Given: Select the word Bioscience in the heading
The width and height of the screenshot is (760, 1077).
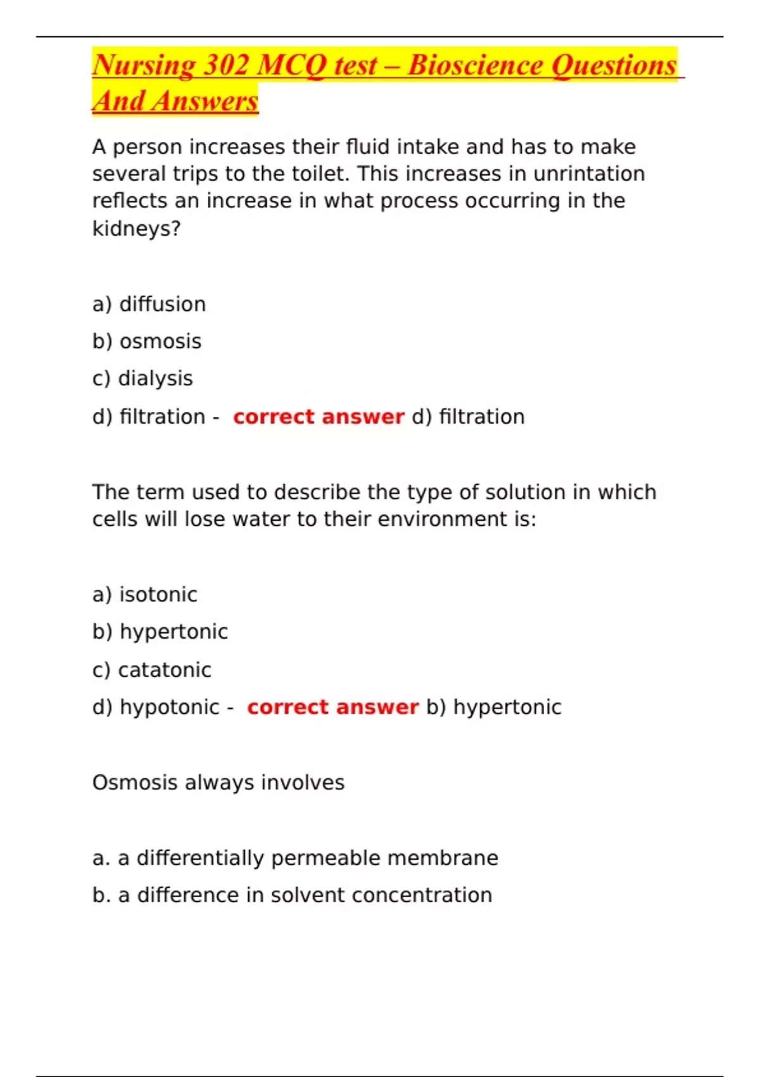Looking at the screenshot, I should pos(475,66).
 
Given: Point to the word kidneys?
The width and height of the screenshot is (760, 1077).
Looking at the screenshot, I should pos(136,228).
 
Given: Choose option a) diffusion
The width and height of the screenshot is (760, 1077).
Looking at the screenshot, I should pos(149,304).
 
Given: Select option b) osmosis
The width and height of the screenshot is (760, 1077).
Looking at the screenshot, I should pos(147,341).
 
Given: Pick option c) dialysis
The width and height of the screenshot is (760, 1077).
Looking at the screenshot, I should pos(142,378).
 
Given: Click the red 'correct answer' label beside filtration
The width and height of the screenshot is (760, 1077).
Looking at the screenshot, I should pos(319,417).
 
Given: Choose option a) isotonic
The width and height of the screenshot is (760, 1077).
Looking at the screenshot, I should pos(144,594).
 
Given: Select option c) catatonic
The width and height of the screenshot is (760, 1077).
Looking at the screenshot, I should pos(152,670).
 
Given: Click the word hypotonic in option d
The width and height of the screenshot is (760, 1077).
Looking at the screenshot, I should pos(170,707).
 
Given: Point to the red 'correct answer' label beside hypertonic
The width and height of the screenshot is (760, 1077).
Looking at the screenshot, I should pos(332,707).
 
